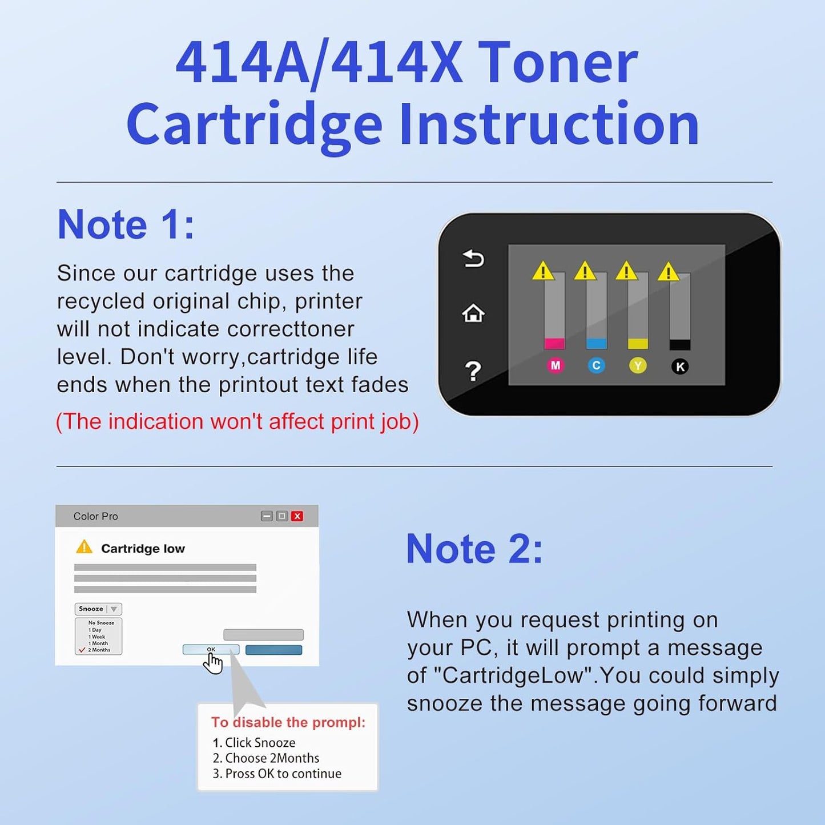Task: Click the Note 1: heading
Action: [126, 224]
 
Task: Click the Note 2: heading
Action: [474, 549]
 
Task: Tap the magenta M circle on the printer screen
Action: [556, 365]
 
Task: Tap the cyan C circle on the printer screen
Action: [596, 365]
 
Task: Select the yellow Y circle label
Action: [638, 365]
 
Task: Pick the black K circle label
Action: [679, 367]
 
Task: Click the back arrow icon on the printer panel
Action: [473, 259]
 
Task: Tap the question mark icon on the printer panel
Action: [473, 371]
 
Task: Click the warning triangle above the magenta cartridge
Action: [543, 271]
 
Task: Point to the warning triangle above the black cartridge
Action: [668, 272]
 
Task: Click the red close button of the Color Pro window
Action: [297, 516]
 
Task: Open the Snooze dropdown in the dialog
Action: [98, 609]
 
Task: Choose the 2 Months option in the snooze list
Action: [99, 650]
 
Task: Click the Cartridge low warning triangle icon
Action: [84, 547]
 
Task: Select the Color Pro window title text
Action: [95, 516]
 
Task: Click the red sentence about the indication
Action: [237, 421]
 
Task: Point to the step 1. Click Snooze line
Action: [254, 743]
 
